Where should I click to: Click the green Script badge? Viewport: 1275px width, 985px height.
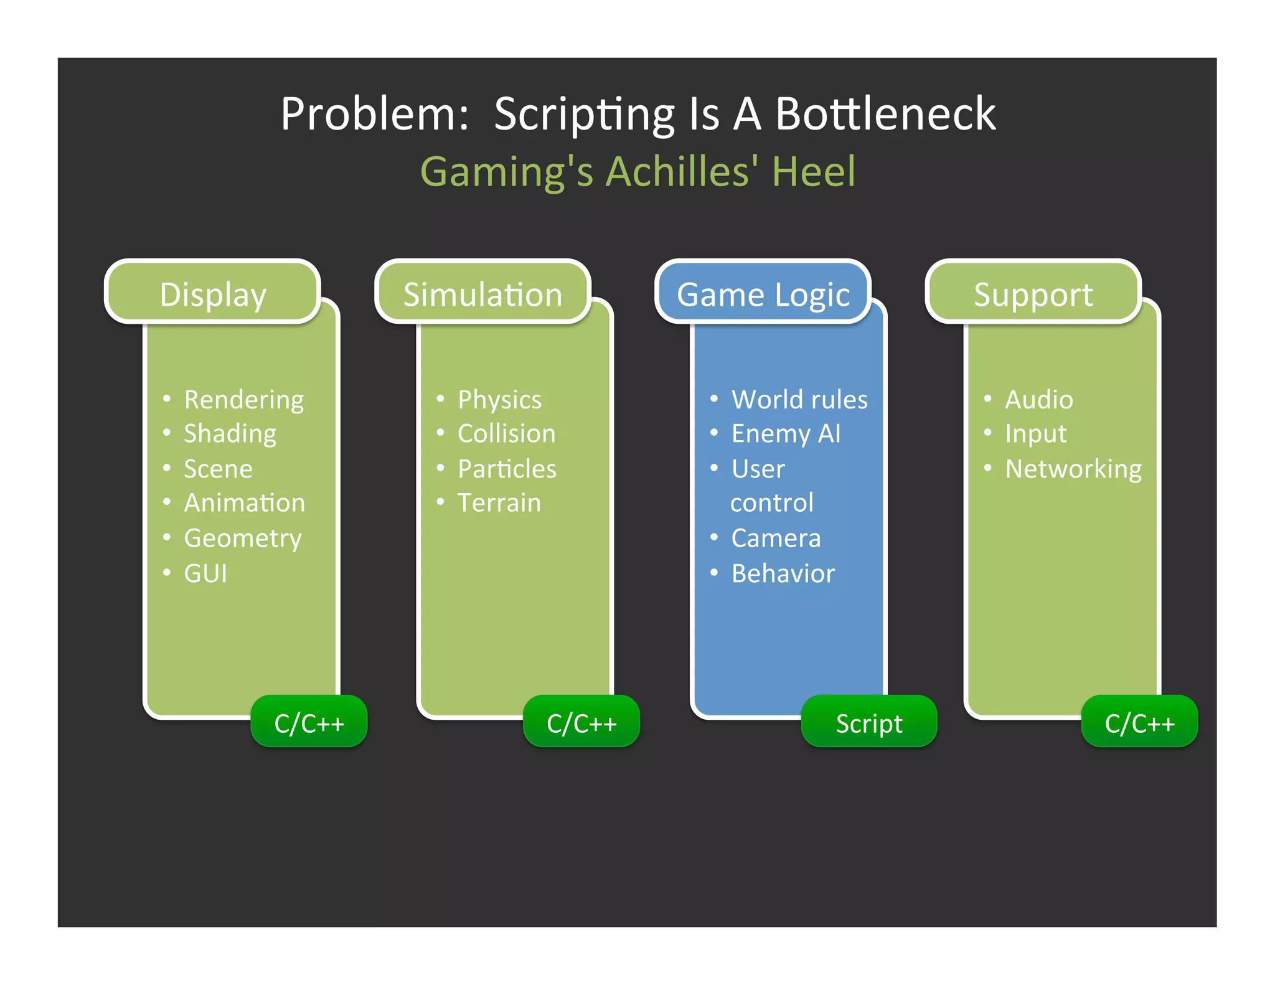click(x=868, y=723)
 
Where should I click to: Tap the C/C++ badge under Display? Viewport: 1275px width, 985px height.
click(x=309, y=723)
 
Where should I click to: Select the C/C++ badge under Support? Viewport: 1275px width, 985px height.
click(x=1139, y=723)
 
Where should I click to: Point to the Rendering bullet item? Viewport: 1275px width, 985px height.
click(x=243, y=400)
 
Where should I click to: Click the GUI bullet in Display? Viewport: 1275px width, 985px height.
click(x=205, y=573)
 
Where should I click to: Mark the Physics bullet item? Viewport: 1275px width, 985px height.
click(x=499, y=400)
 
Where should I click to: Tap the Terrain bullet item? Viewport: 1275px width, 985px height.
click(x=499, y=503)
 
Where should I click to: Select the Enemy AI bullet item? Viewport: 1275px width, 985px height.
click(x=786, y=434)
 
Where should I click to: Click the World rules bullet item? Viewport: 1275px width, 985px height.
click(x=799, y=400)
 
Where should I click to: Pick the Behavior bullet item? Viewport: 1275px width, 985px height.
click(x=783, y=573)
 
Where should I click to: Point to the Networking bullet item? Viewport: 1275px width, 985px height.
click(x=1073, y=469)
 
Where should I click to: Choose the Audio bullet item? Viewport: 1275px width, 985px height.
click(x=1039, y=400)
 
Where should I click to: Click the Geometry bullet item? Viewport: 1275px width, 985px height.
click(x=242, y=539)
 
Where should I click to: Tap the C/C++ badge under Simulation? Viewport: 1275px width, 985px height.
click(x=581, y=723)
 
